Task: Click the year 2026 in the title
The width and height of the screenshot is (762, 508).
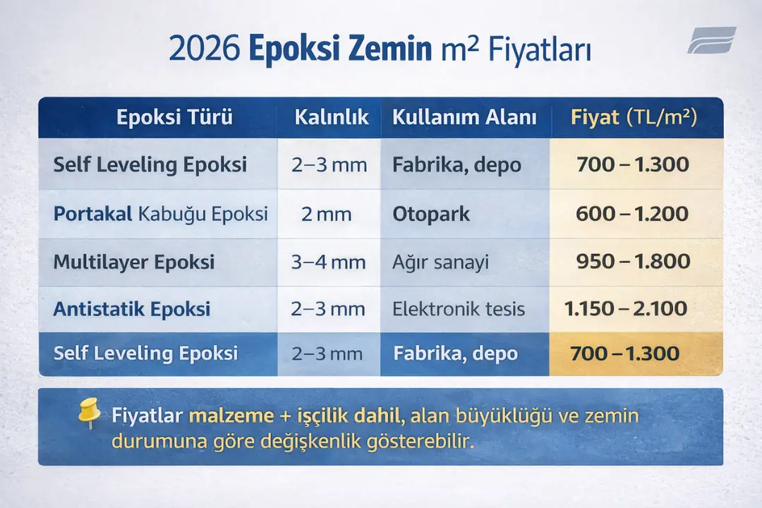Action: (204, 52)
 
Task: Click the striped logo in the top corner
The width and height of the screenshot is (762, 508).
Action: (711, 40)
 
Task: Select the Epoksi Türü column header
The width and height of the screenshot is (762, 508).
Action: (174, 117)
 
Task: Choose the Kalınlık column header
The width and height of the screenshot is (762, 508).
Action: (332, 117)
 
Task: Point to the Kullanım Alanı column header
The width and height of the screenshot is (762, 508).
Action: (464, 117)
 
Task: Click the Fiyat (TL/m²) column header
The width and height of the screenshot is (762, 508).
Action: (634, 117)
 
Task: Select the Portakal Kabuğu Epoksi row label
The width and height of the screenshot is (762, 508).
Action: (160, 214)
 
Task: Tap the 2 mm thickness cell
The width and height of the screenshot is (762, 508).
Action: (326, 214)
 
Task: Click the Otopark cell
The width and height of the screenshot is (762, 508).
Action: (431, 214)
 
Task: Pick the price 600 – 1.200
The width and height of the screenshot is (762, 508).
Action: (632, 214)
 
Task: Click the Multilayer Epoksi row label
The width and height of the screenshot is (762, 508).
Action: (134, 262)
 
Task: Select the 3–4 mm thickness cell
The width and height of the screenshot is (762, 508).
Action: (329, 262)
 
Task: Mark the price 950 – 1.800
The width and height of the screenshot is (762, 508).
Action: (633, 262)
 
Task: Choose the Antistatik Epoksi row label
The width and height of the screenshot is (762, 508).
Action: (132, 309)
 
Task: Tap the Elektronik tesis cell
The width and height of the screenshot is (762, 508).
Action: (459, 309)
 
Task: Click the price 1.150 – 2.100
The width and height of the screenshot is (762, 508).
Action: (626, 308)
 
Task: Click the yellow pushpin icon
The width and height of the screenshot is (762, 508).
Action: (89, 413)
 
